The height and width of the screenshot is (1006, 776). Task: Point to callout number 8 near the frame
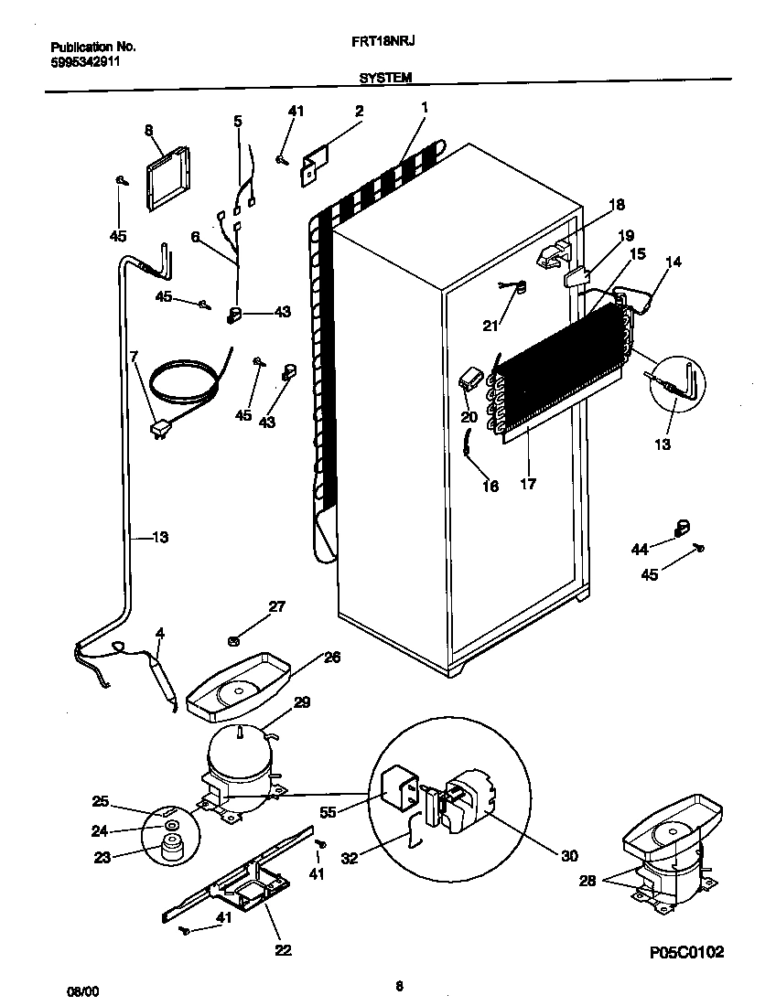point(147,131)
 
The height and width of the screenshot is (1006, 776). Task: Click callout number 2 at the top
point(359,112)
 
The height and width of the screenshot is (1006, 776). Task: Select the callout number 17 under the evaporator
point(528,482)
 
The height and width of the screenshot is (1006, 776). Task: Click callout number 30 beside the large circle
point(570,855)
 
